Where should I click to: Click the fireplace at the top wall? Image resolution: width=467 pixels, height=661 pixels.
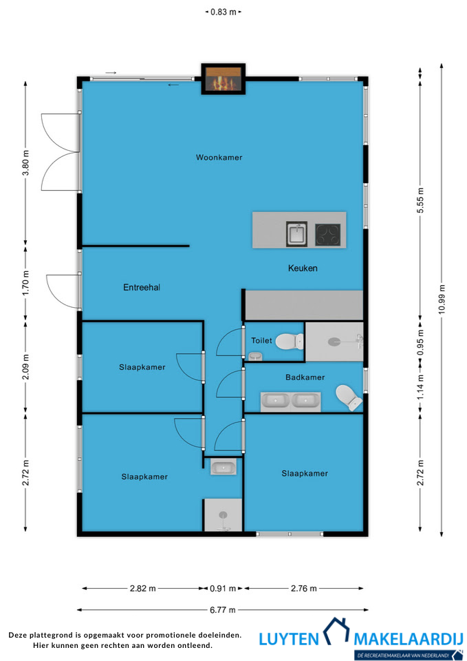point(223,78)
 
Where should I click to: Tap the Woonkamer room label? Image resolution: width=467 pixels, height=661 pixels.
point(219,158)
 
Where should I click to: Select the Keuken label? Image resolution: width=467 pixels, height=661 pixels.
point(303,268)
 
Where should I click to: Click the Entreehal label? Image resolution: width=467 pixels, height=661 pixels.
point(142,288)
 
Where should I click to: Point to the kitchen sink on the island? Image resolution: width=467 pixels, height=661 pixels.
point(297,234)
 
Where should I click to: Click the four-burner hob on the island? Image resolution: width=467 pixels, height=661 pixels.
point(328,235)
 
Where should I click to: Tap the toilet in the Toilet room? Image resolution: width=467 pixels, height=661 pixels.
point(290,341)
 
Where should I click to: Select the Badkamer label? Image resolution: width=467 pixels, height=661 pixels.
point(305,377)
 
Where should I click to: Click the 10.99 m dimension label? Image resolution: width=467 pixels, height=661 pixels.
point(442,300)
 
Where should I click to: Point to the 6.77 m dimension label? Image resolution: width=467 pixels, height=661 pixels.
point(223,609)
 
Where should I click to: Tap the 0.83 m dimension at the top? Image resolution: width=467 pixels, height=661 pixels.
point(223,12)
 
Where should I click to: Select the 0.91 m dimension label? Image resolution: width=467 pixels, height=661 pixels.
point(223,588)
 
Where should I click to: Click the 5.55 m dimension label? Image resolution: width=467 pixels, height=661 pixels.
point(420,200)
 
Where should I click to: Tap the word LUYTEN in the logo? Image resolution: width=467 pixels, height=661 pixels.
point(289,639)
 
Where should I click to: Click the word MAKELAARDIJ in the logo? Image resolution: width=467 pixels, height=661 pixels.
point(409,639)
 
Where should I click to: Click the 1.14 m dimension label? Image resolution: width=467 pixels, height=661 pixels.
point(420,388)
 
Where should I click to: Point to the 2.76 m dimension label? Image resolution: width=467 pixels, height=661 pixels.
point(303,588)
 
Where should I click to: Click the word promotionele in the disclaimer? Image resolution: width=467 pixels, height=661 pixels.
point(172,635)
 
